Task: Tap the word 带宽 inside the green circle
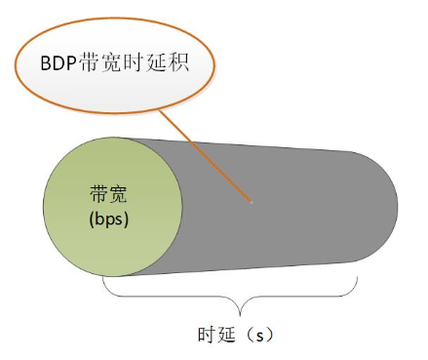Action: (108, 195)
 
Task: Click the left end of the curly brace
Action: (103, 279)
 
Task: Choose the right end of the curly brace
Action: (362, 279)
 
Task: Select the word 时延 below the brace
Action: (208, 335)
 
